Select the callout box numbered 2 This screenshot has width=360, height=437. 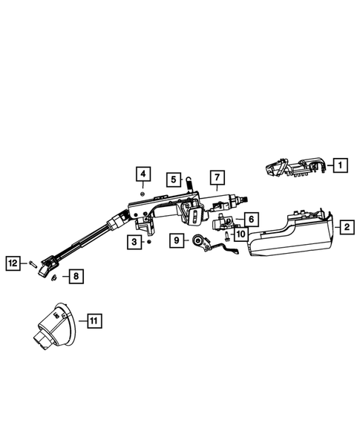(347, 228)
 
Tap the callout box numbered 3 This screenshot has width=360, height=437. (134, 241)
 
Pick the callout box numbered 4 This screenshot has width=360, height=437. (143, 175)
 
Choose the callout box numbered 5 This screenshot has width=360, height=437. (172, 179)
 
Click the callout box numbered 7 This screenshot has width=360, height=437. (217, 177)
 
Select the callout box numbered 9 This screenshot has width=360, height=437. (177, 240)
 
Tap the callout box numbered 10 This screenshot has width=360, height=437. (240, 234)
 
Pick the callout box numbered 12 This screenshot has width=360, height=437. (13, 261)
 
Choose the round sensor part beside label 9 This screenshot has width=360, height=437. (201, 241)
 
